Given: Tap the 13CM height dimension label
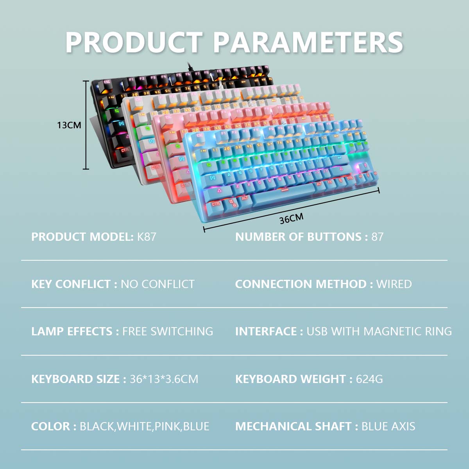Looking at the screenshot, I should pyautogui.click(x=69, y=125).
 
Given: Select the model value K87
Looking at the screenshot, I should pyautogui.click(x=147, y=237).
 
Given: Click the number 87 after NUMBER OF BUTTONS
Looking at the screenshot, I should pyautogui.click(x=378, y=237).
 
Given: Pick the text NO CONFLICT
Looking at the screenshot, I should pyautogui.click(x=158, y=284).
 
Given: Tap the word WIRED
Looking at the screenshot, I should pyautogui.click(x=394, y=284).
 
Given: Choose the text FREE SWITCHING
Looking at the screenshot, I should pyautogui.click(x=168, y=331).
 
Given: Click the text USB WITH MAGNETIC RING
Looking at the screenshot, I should pyautogui.click(x=379, y=331).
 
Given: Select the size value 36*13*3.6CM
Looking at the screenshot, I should pyautogui.click(x=164, y=379).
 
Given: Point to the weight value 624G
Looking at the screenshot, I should pyautogui.click(x=369, y=379).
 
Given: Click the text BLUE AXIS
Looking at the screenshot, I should pyautogui.click(x=388, y=426).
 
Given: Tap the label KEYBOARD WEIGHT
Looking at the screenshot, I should pyautogui.click(x=290, y=379).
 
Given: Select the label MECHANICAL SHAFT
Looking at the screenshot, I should pyautogui.click(x=293, y=426).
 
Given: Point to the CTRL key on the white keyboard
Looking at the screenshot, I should pyautogui.click(x=155, y=167).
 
